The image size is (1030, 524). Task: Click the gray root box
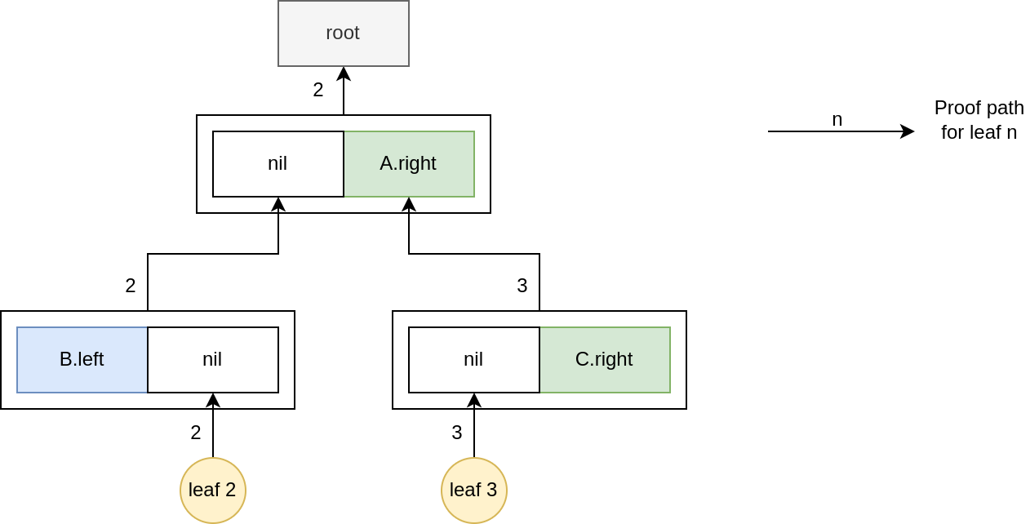coord(343,33)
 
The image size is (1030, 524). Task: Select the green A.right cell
coord(409,163)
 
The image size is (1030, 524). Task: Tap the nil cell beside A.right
coord(277,163)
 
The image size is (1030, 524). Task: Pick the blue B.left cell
coord(82,359)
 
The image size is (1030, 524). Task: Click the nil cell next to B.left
coord(212,359)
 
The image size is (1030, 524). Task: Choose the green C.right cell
coord(605,359)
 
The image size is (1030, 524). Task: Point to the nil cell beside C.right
coord(473,359)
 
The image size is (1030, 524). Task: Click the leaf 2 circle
coord(213,490)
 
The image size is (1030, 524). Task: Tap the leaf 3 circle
coord(474,490)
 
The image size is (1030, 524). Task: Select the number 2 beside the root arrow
coord(318,90)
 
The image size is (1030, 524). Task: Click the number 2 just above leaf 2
coord(196,433)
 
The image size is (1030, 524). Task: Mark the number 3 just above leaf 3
coord(457,433)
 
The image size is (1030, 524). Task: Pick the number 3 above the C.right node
coord(522,286)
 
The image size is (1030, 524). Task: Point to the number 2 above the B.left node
coord(131,286)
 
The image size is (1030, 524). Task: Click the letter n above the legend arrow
coord(837,119)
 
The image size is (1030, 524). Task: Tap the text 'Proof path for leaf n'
coord(979,120)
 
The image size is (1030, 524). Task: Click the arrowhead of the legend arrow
coord(908,131)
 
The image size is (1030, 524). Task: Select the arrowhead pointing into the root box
coord(344,73)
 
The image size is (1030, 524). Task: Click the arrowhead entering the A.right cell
coord(409,204)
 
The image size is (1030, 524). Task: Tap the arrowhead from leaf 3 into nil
coord(474,400)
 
